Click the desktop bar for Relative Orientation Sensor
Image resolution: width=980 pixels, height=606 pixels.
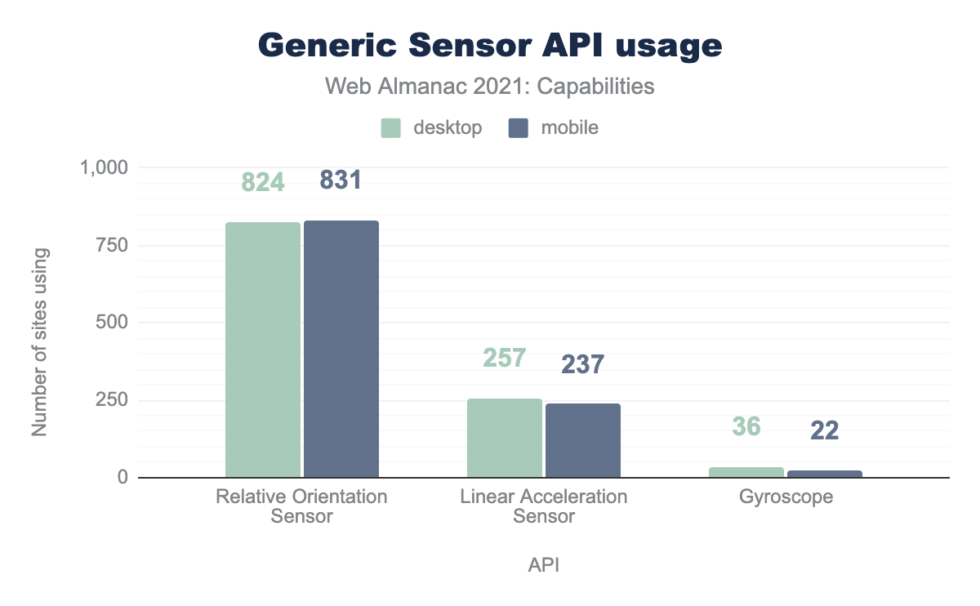click(263, 350)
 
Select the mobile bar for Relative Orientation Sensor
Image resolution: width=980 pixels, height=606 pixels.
click(341, 349)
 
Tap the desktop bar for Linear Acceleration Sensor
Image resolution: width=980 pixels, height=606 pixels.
click(504, 438)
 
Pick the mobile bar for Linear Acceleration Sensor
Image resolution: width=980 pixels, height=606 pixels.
click(583, 440)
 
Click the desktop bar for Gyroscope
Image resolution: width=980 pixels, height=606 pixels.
click(746, 472)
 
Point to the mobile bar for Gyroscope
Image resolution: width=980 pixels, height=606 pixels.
click(825, 474)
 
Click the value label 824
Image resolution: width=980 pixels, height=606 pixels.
click(263, 182)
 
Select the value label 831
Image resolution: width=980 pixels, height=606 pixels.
click(341, 180)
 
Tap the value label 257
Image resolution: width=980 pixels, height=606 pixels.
click(504, 358)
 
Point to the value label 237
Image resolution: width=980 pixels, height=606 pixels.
click(583, 364)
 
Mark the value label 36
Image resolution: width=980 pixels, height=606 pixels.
click(746, 426)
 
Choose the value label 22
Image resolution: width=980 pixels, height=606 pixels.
click(825, 430)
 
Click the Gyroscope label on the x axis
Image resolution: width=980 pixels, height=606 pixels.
click(785, 497)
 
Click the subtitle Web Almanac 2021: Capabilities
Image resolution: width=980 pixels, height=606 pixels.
click(490, 87)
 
